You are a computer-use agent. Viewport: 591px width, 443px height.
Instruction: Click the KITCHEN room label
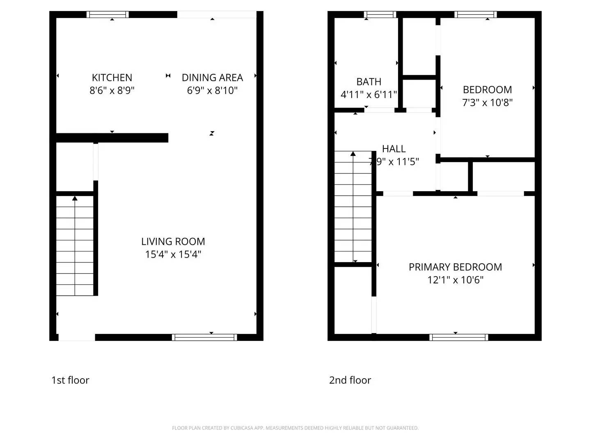click(x=112, y=78)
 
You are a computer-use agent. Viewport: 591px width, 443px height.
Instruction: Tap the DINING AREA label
click(x=212, y=78)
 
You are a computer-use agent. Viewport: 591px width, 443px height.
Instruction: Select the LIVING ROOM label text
click(x=173, y=242)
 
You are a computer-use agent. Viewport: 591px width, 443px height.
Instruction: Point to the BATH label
click(x=369, y=82)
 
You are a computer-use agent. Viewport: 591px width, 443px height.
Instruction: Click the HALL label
click(x=394, y=148)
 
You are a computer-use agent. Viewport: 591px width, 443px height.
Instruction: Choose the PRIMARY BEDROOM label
click(x=455, y=267)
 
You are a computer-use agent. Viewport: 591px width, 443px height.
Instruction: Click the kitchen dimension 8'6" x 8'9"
click(x=112, y=90)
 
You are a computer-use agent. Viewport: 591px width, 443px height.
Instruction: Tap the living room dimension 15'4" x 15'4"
click(x=173, y=254)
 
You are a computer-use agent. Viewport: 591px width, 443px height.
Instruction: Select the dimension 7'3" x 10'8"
click(x=487, y=103)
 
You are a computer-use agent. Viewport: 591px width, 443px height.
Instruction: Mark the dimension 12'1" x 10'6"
click(x=455, y=280)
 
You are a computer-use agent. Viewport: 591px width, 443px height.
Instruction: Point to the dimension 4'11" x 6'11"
click(x=369, y=95)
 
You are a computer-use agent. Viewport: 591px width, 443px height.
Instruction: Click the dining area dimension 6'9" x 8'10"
click(x=212, y=90)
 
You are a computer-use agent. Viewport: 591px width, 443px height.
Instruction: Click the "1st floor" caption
click(x=70, y=380)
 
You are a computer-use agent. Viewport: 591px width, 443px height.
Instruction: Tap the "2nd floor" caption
click(x=350, y=380)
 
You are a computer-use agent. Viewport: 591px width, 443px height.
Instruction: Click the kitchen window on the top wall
click(x=108, y=15)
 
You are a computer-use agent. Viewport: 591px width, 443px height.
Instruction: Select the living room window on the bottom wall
click(x=204, y=338)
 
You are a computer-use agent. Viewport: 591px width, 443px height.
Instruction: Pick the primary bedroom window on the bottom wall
click(x=459, y=338)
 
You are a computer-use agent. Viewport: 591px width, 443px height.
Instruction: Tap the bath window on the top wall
click(x=380, y=15)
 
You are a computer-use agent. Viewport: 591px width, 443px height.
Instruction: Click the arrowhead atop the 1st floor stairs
click(x=75, y=199)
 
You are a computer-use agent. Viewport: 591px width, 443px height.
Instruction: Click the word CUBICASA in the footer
click(x=242, y=428)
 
